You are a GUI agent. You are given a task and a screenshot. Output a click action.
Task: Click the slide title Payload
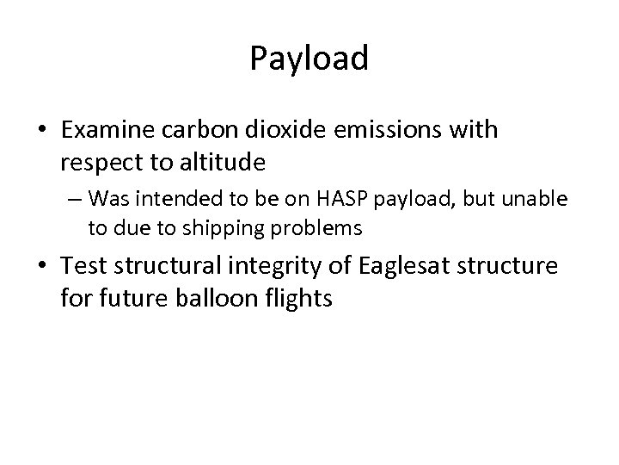[x=309, y=59]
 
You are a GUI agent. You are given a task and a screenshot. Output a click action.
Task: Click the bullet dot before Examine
[x=43, y=131]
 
